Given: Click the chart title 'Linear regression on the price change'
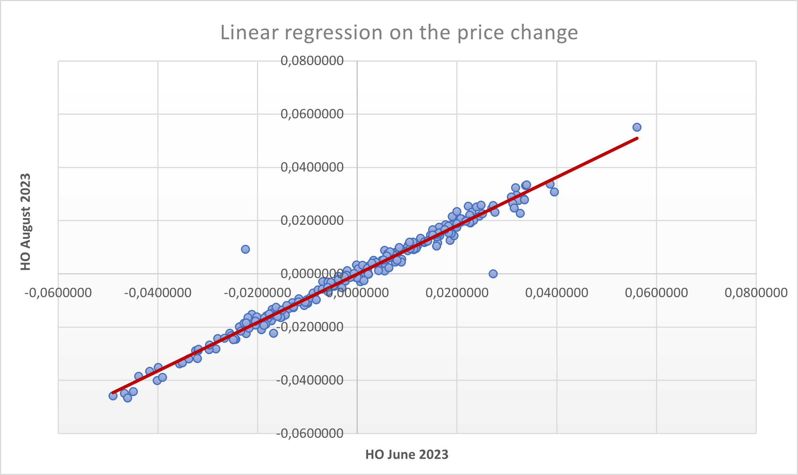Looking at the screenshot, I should [x=399, y=32].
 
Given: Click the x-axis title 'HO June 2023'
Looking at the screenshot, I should [x=407, y=455].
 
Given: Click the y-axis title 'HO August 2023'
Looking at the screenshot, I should [x=26, y=222].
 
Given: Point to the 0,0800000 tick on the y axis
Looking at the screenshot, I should [x=312, y=61].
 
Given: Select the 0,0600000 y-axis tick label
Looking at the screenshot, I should [x=312, y=114].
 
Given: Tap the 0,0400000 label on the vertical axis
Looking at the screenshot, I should [x=312, y=167].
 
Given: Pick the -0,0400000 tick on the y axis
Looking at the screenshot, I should [x=310, y=380].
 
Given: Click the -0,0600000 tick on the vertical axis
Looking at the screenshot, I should [x=310, y=433].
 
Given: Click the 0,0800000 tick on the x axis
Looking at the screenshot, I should [x=756, y=293].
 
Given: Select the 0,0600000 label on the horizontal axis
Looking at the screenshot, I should [x=656, y=293].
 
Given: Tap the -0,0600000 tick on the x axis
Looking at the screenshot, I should [x=58, y=293].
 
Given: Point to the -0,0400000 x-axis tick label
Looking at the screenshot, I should [x=158, y=293].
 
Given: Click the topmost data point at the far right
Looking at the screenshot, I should [x=637, y=127].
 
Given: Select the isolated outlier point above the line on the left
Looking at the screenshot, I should [x=245, y=249].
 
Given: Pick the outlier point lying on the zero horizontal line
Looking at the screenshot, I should [x=493, y=274].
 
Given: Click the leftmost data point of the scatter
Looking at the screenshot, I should [x=113, y=396].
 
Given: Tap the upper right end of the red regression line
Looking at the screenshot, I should [x=637, y=138].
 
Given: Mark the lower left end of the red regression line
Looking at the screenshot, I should [x=113, y=393].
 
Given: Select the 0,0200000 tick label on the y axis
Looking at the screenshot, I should [x=312, y=221].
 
